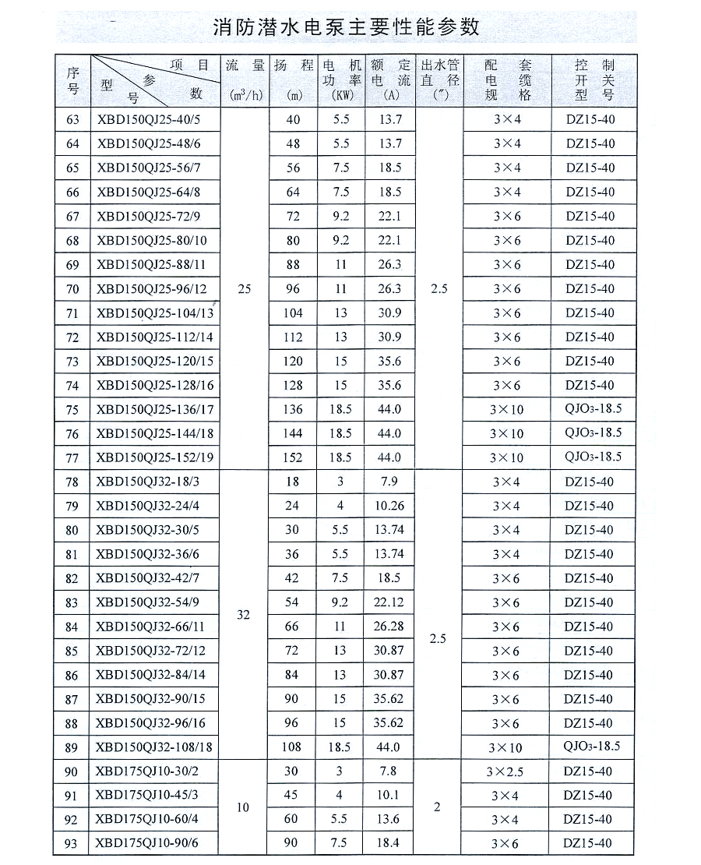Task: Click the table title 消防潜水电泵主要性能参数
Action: point(347,28)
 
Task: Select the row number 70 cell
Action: point(73,289)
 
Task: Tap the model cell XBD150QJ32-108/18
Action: point(154,747)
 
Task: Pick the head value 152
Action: point(293,457)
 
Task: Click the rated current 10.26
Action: point(389,506)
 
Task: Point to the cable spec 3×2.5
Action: point(506,771)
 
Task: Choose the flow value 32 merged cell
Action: point(244,615)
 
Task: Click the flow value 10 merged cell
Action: point(244,807)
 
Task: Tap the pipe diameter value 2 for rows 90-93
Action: point(437,807)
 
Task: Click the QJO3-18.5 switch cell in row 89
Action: point(592,747)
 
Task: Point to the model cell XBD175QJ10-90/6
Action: point(146,843)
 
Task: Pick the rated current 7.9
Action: point(389,482)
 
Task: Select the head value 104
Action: point(293,313)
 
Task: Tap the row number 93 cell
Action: point(73,843)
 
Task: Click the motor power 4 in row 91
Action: point(340,796)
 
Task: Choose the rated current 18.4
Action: point(388,843)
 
